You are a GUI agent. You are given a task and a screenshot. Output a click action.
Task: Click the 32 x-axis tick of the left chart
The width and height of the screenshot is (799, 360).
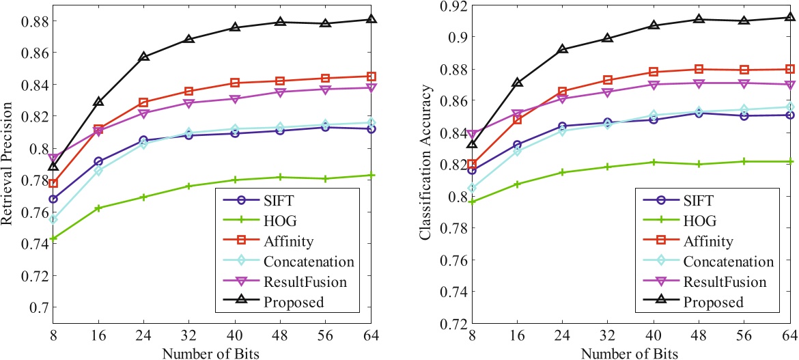pyautogui.click(x=189, y=336)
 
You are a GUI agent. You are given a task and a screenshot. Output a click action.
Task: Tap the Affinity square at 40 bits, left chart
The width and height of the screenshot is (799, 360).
pyautogui.click(x=235, y=83)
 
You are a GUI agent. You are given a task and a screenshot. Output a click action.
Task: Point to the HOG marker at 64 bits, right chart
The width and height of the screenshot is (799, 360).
pyautogui.click(x=790, y=161)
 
